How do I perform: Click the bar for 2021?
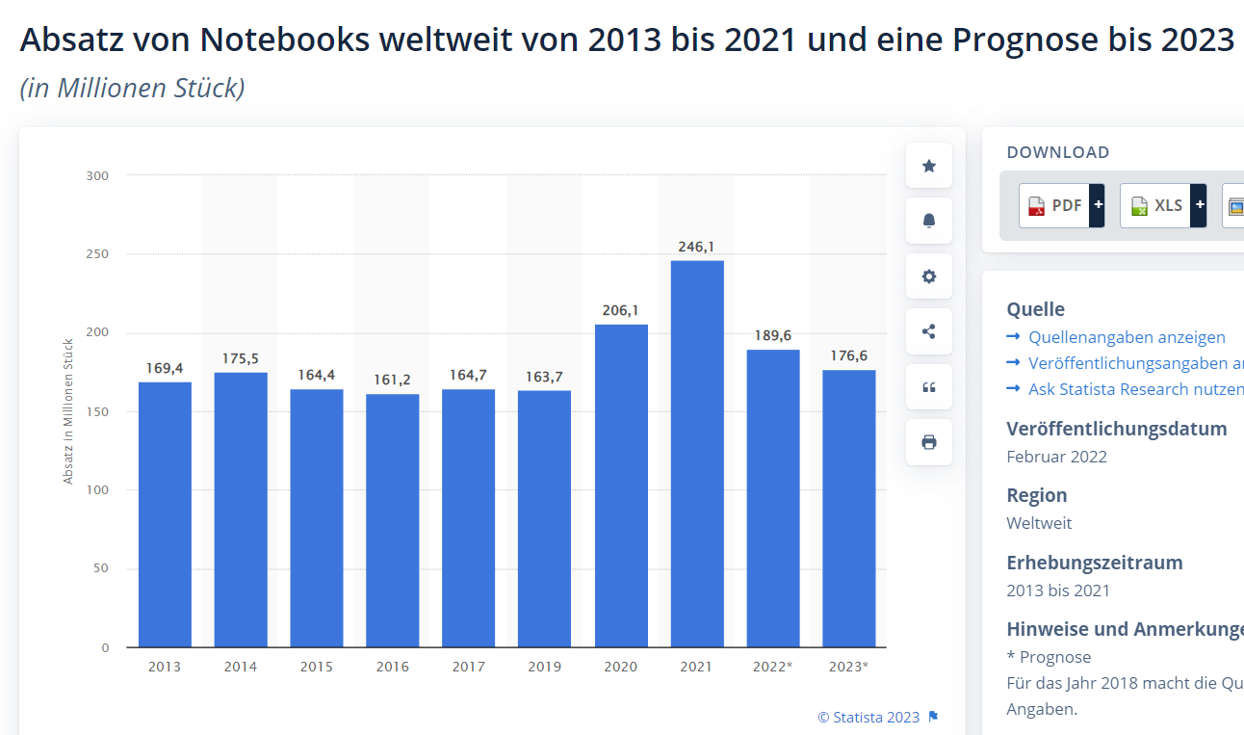pyautogui.click(x=696, y=453)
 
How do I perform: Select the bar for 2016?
pyautogui.click(x=392, y=520)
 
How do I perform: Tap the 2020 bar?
pyautogui.click(x=621, y=486)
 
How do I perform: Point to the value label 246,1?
pyautogui.click(x=696, y=247)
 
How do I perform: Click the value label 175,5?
pyautogui.click(x=241, y=358)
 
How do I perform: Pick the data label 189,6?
pyautogui.click(x=773, y=335)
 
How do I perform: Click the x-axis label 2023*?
pyautogui.click(x=848, y=667)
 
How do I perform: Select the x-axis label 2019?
pyautogui.click(x=544, y=667)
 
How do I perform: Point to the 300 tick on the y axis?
pyautogui.click(x=97, y=175)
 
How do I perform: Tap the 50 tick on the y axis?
pyautogui.click(x=100, y=568)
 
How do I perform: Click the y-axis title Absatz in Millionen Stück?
pyautogui.click(x=68, y=411)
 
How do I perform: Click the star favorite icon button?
pyautogui.click(x=929, y=166)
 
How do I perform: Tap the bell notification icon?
pyautogui.click(x=929, y=221)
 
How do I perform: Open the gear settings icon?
pyautogui.click(x=929, y=276)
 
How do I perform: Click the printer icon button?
pyautogui.click(x=929, y=442)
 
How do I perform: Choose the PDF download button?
pyautogui.click(x=1054, y=205)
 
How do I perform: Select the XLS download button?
pyautogui.click(x=1155, y=205)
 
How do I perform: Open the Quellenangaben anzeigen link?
pyautogui.click(x=1127, y=337)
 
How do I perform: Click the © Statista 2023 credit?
pyautogui.click(x=868, y=717)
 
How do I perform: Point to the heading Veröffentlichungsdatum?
pyautogui.click(x=1117, y=429)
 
